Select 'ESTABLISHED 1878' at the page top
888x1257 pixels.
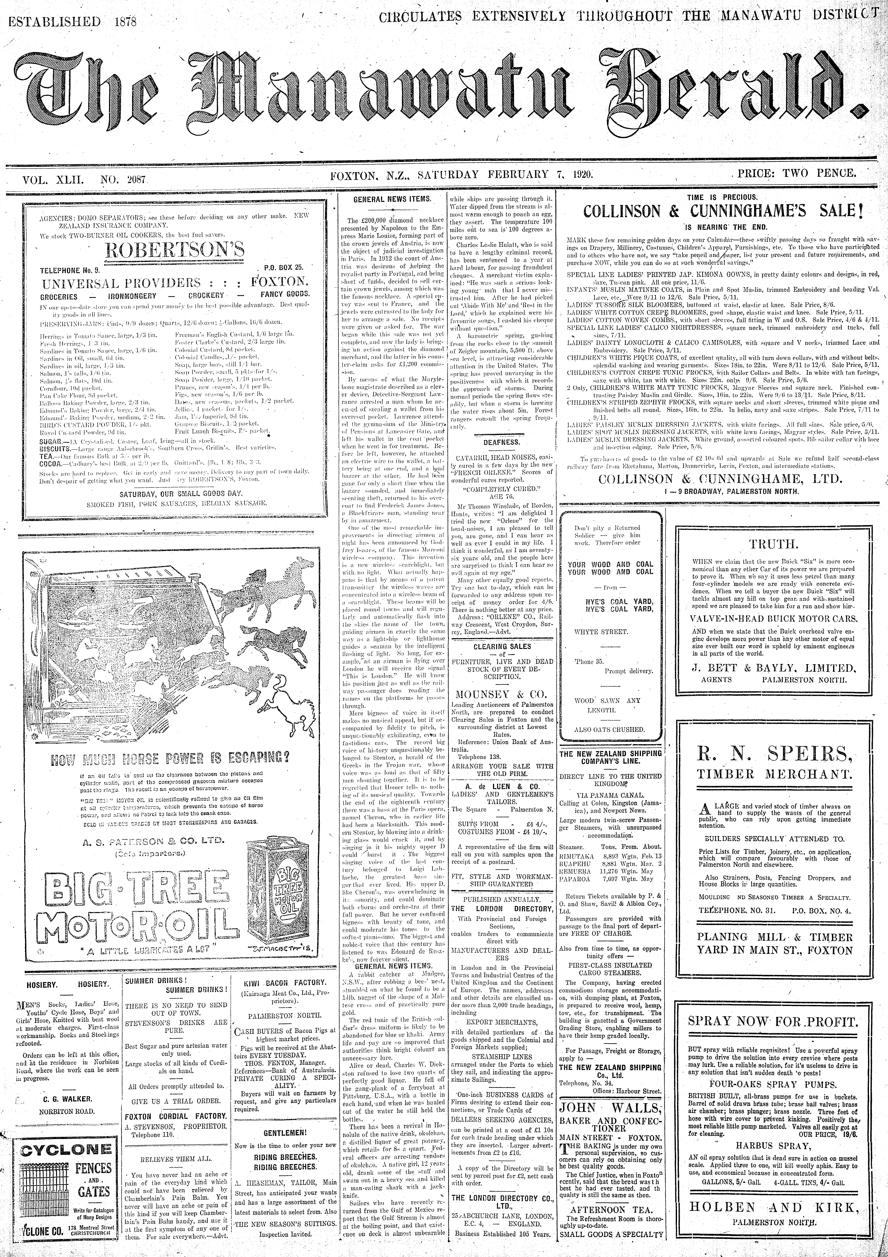tap(73, 22)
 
